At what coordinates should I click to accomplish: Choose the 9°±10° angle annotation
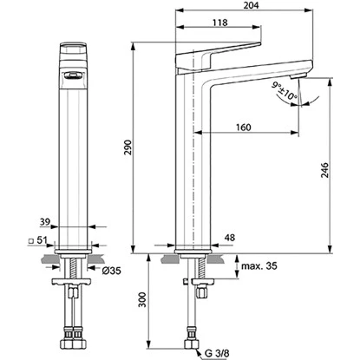pos(285,90)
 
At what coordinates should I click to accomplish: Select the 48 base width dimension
pos(229,236)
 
